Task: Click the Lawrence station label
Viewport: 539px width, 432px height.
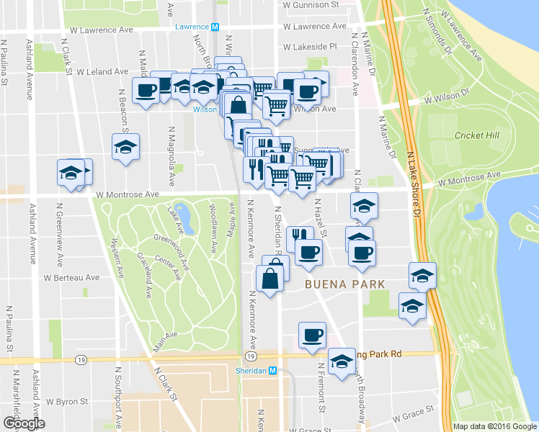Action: [192, 27]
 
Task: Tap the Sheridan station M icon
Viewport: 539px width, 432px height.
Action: [272, 370]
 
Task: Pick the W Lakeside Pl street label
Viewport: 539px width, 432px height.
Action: [310, 46]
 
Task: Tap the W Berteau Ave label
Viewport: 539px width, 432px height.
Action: [71, 277]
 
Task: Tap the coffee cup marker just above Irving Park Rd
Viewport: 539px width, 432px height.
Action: [313, 336]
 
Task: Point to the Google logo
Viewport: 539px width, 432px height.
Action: [24, 423]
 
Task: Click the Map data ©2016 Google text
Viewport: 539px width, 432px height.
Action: [494, 426]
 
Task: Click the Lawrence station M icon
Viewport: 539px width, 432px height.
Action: [215, 27]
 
